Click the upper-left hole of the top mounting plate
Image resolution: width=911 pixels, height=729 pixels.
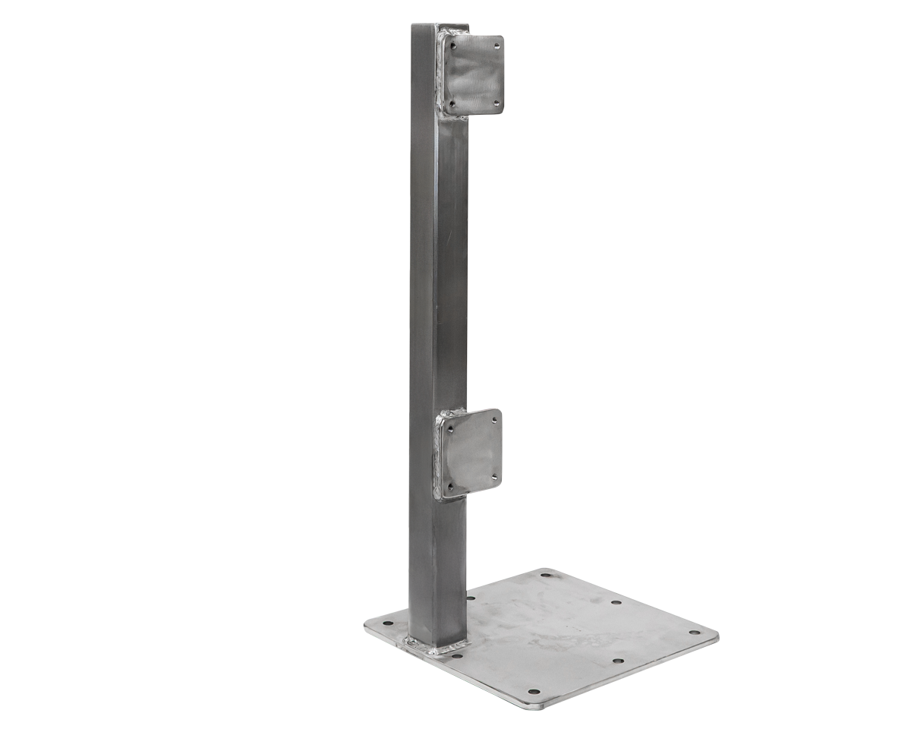pyautogui.click(x=453, y=46)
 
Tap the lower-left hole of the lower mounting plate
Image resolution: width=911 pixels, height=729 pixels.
pyautogui.click(x=450, y=485)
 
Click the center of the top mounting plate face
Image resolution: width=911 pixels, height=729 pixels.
pyautogui.click(x=474, y=74)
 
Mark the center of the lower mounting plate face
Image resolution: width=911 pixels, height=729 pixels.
pyautogui.click(x=471, y=453)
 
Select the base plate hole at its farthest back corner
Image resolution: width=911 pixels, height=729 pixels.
pyautogui.click(x=544, y=575)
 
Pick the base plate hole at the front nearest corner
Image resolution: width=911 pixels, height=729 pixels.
pyautogui.click(x=534, y=693)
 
